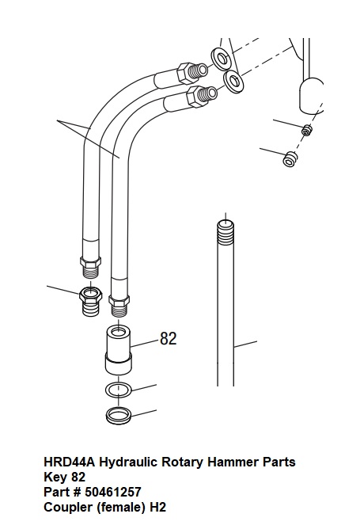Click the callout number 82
coord(169,338)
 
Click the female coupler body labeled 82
coord(118,350)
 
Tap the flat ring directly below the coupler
coord(119,390)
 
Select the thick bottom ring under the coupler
coord(119,415)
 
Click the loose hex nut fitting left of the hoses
coord(90,300)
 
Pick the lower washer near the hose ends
coord(234,81)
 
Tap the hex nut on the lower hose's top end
coord(195,96)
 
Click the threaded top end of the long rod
coord(225,232)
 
